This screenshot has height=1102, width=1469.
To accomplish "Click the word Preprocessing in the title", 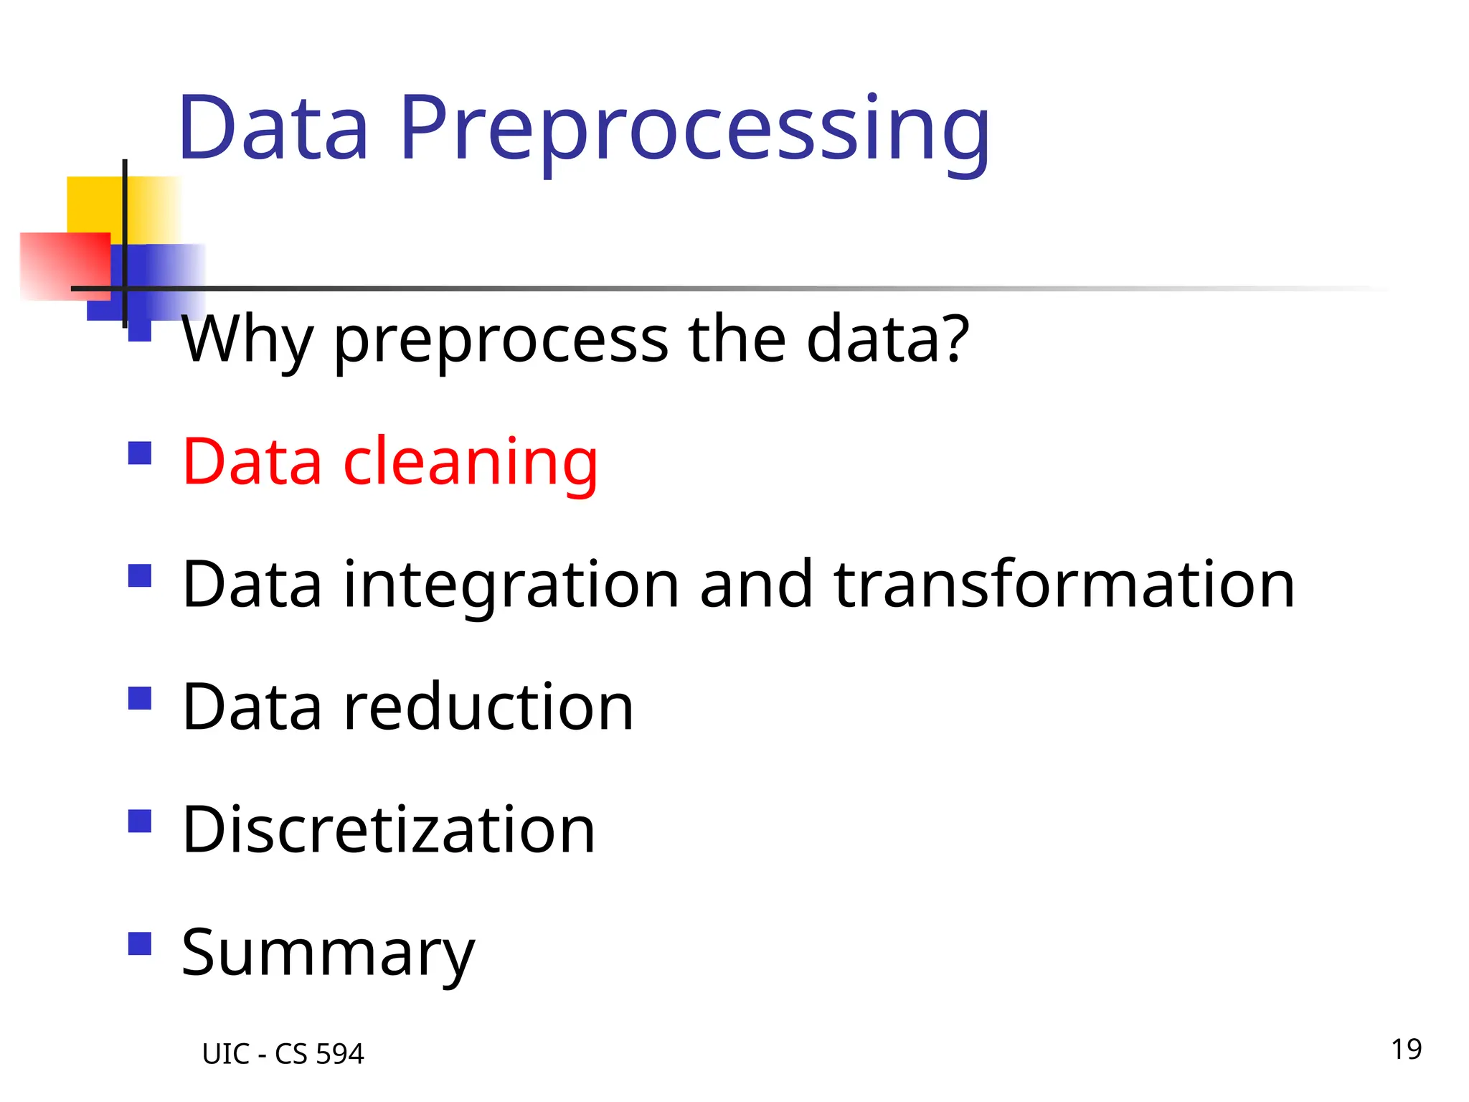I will point(694,129).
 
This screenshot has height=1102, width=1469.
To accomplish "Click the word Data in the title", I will point(273,129).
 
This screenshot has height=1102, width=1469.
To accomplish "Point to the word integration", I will point(511,585).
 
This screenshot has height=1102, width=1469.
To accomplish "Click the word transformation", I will point(1064,585).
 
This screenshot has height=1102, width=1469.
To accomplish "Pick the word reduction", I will point(488,707).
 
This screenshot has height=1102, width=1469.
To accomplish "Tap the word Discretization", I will point(388,830).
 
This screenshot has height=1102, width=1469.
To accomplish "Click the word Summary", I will point(328,953).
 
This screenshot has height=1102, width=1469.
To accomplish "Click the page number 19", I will point(1406,1050).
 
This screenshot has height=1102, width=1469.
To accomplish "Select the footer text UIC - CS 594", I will point(283,1054).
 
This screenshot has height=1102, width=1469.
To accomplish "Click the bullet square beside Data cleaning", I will point(140,453).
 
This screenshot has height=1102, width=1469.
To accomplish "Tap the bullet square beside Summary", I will point(140,944).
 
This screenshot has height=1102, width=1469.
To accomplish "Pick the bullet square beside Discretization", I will point(140,821).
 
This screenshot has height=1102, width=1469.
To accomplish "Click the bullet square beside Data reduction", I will point(140,699).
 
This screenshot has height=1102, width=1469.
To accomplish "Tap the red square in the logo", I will point(65,265).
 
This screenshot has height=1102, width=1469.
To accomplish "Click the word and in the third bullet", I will point(756,585).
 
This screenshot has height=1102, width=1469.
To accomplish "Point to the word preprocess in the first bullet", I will point(501,339).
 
